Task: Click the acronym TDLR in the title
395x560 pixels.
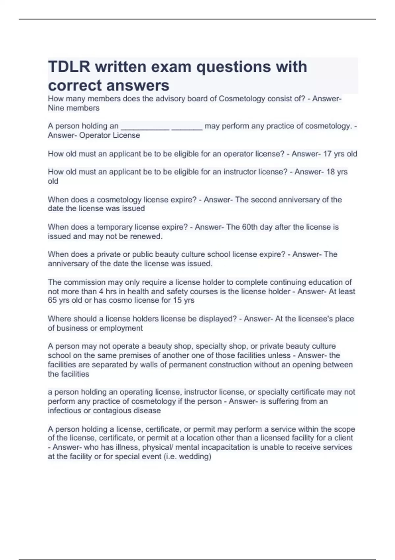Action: [x=69, y=67]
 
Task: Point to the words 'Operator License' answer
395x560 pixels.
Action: [x=110, y=135]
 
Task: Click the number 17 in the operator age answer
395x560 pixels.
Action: [x=327, y=154]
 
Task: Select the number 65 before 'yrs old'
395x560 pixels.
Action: [x=52, y=300]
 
